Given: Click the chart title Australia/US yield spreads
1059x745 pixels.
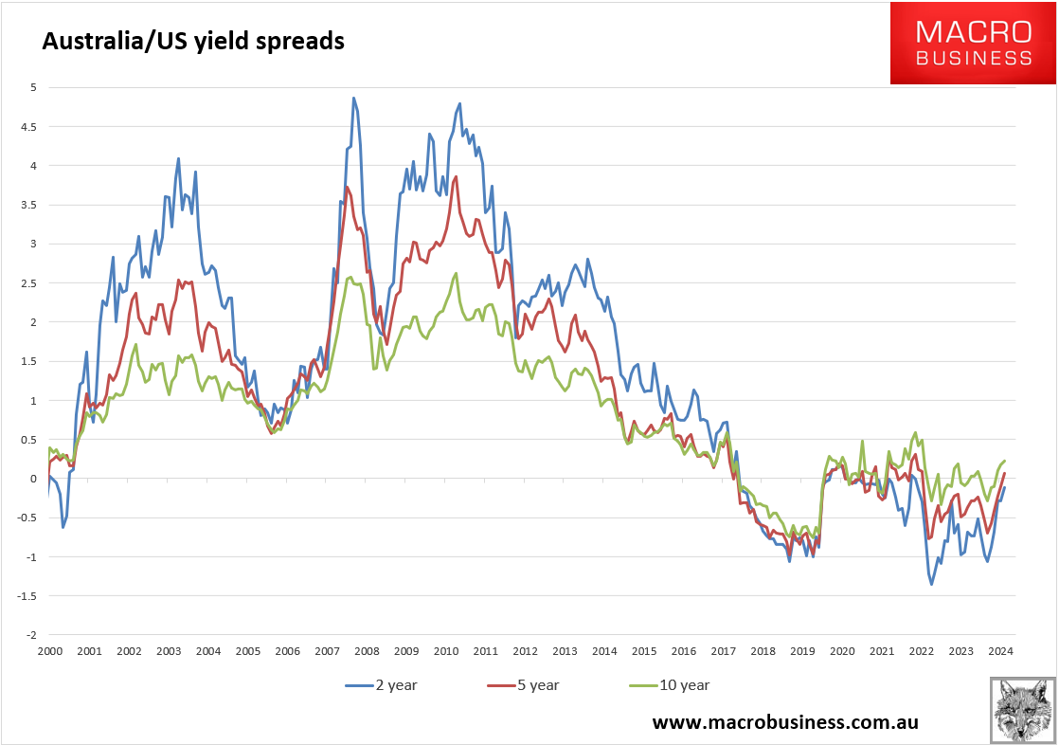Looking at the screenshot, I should coord(190,41).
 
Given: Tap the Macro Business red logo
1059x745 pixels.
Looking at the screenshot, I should coord(973,44).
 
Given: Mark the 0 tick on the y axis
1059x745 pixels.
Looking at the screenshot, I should coord(34,479).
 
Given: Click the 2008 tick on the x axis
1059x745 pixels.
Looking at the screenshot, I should coord(367,651).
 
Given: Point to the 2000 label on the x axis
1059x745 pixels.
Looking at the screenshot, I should coord(49,651).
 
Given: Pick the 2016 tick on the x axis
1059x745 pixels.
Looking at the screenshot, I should coord(683,651).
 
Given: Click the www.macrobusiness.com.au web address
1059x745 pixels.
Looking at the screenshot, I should coord(785,721).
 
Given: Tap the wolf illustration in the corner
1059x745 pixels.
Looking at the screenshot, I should coord(1023,709).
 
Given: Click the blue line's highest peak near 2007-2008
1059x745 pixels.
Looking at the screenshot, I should coord(353,98).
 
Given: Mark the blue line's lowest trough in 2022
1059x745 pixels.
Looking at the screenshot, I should coord(931,584).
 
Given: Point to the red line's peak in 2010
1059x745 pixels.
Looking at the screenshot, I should coord(457,176).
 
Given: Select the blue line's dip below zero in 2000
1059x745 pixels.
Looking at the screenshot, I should coord(63,527).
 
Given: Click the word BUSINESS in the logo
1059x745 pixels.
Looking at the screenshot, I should coord(973,59).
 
